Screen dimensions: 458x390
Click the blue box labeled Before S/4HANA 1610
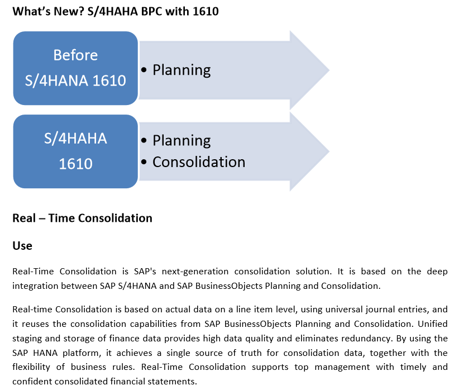pos(75,68)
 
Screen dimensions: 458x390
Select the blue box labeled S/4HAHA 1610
pos(75,151)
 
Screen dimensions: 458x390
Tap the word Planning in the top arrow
pos(182,70)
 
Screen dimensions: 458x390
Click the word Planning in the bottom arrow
pos(182,141)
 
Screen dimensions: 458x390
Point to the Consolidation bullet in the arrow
pos(199,162)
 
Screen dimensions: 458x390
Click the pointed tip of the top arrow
pos(329,70)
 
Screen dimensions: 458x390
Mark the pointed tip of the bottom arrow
pos(329,151)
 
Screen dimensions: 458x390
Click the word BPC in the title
pos(151,11)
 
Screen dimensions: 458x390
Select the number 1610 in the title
pos(206,11)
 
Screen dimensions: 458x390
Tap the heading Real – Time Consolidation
pos(82,218)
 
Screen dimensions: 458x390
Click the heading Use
pos(22,246)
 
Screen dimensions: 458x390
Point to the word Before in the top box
pos(75,55)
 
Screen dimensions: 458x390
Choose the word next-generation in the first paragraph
pos(195,272)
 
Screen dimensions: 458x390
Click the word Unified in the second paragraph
pos(433,324)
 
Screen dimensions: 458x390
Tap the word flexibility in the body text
pos(31,367)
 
